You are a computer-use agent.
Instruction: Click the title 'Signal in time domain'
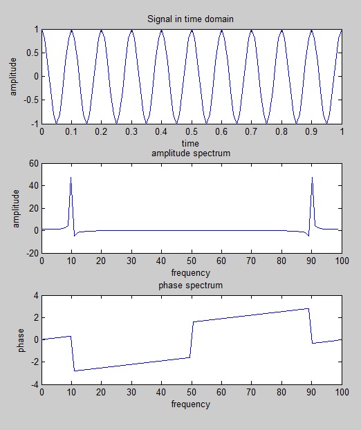coord(192,19)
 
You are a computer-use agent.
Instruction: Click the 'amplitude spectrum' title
coord(192,153)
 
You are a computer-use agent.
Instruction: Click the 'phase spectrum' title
coord(192,285)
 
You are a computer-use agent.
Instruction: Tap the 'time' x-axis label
coord(192,142)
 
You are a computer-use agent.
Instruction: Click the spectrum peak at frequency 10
coord(71,178)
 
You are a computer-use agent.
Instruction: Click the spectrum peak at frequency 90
coord(312,178)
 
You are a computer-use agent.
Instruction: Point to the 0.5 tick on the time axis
coord(192,131)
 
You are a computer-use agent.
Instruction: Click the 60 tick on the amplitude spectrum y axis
coord(31,164)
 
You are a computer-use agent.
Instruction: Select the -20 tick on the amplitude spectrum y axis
coord(30,253)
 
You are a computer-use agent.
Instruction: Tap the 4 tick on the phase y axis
coord(35,296)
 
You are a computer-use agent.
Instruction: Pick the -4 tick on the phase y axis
coord(33,384)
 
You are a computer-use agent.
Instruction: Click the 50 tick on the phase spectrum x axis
coord(192,393)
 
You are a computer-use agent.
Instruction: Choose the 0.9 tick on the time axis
coord(312,131)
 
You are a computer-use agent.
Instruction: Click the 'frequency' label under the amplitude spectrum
coord(192,273)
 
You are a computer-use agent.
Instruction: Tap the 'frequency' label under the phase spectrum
coord(192,404)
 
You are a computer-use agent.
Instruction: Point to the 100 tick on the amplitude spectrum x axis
coord(342,261)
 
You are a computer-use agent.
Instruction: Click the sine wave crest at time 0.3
coord(131,30)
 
